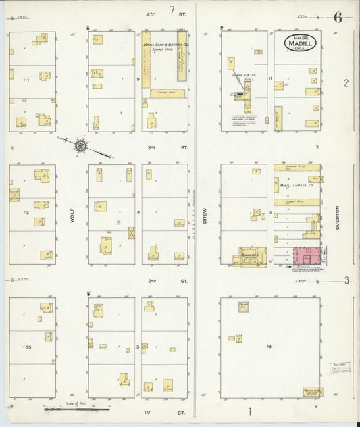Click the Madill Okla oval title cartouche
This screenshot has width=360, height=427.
pos(300,41)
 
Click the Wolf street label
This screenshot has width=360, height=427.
pos(71,215)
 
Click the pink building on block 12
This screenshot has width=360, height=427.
pos(304,257)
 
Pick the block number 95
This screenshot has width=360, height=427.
pos(28,347)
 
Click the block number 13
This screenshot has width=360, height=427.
pos(269,347)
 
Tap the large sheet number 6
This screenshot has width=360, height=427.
pos(337,18)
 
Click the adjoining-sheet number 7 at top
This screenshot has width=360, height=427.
pos(172,10)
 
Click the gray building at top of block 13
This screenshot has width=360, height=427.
pos(244,307)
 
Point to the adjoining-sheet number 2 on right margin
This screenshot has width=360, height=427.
pos(345,83)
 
